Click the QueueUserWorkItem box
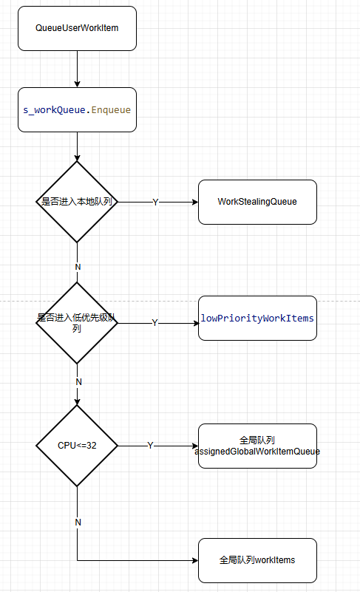point(77,28)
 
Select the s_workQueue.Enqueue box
point(77,110)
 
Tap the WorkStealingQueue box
point(257,202)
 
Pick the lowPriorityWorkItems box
point(257,319)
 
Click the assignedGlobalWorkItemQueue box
point(257,446)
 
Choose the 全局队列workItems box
point(257,560)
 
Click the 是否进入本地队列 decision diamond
point(77,202)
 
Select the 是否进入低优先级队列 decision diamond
point(77,323)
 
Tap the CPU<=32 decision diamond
point(77,446)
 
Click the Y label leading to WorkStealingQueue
point(155,203)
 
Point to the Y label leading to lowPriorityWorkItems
point(154,323)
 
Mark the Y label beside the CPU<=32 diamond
point(150,446)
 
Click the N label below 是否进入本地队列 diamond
point(78,267)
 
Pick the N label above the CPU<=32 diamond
point(78,381)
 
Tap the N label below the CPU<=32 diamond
point(78,522)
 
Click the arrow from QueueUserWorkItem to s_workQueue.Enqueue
point(77,69)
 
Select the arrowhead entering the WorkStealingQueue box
point(195,202)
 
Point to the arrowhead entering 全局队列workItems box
point(195,560)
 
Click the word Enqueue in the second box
point(111,110)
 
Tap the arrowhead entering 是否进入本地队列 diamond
point(77,158)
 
